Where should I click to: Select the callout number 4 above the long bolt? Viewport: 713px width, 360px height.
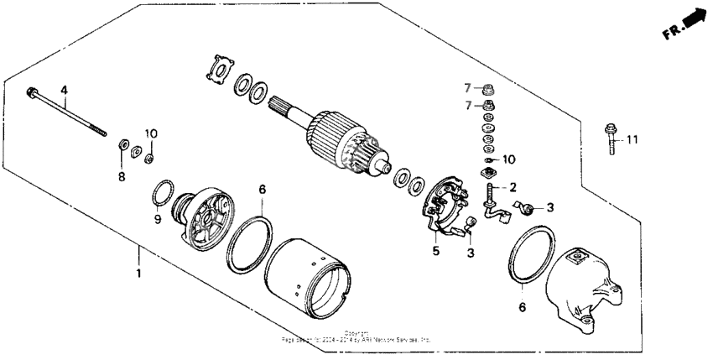(x=63, y=90)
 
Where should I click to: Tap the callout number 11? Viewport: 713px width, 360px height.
(x=632, y=138)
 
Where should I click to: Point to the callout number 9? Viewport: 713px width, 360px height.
(x=156, y=220)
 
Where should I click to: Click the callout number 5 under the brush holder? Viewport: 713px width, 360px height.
(x=435, y=249)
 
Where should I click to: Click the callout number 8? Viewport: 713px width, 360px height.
(x=121, y=177)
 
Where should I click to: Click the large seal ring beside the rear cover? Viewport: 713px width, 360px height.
(x=529, y=251)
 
